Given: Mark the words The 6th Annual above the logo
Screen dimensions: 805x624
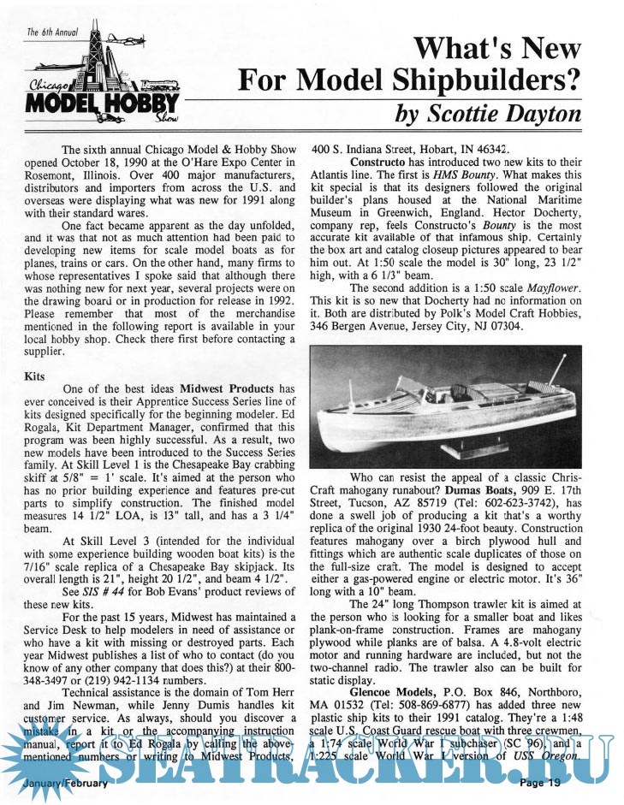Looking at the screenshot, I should tap(51, 33).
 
